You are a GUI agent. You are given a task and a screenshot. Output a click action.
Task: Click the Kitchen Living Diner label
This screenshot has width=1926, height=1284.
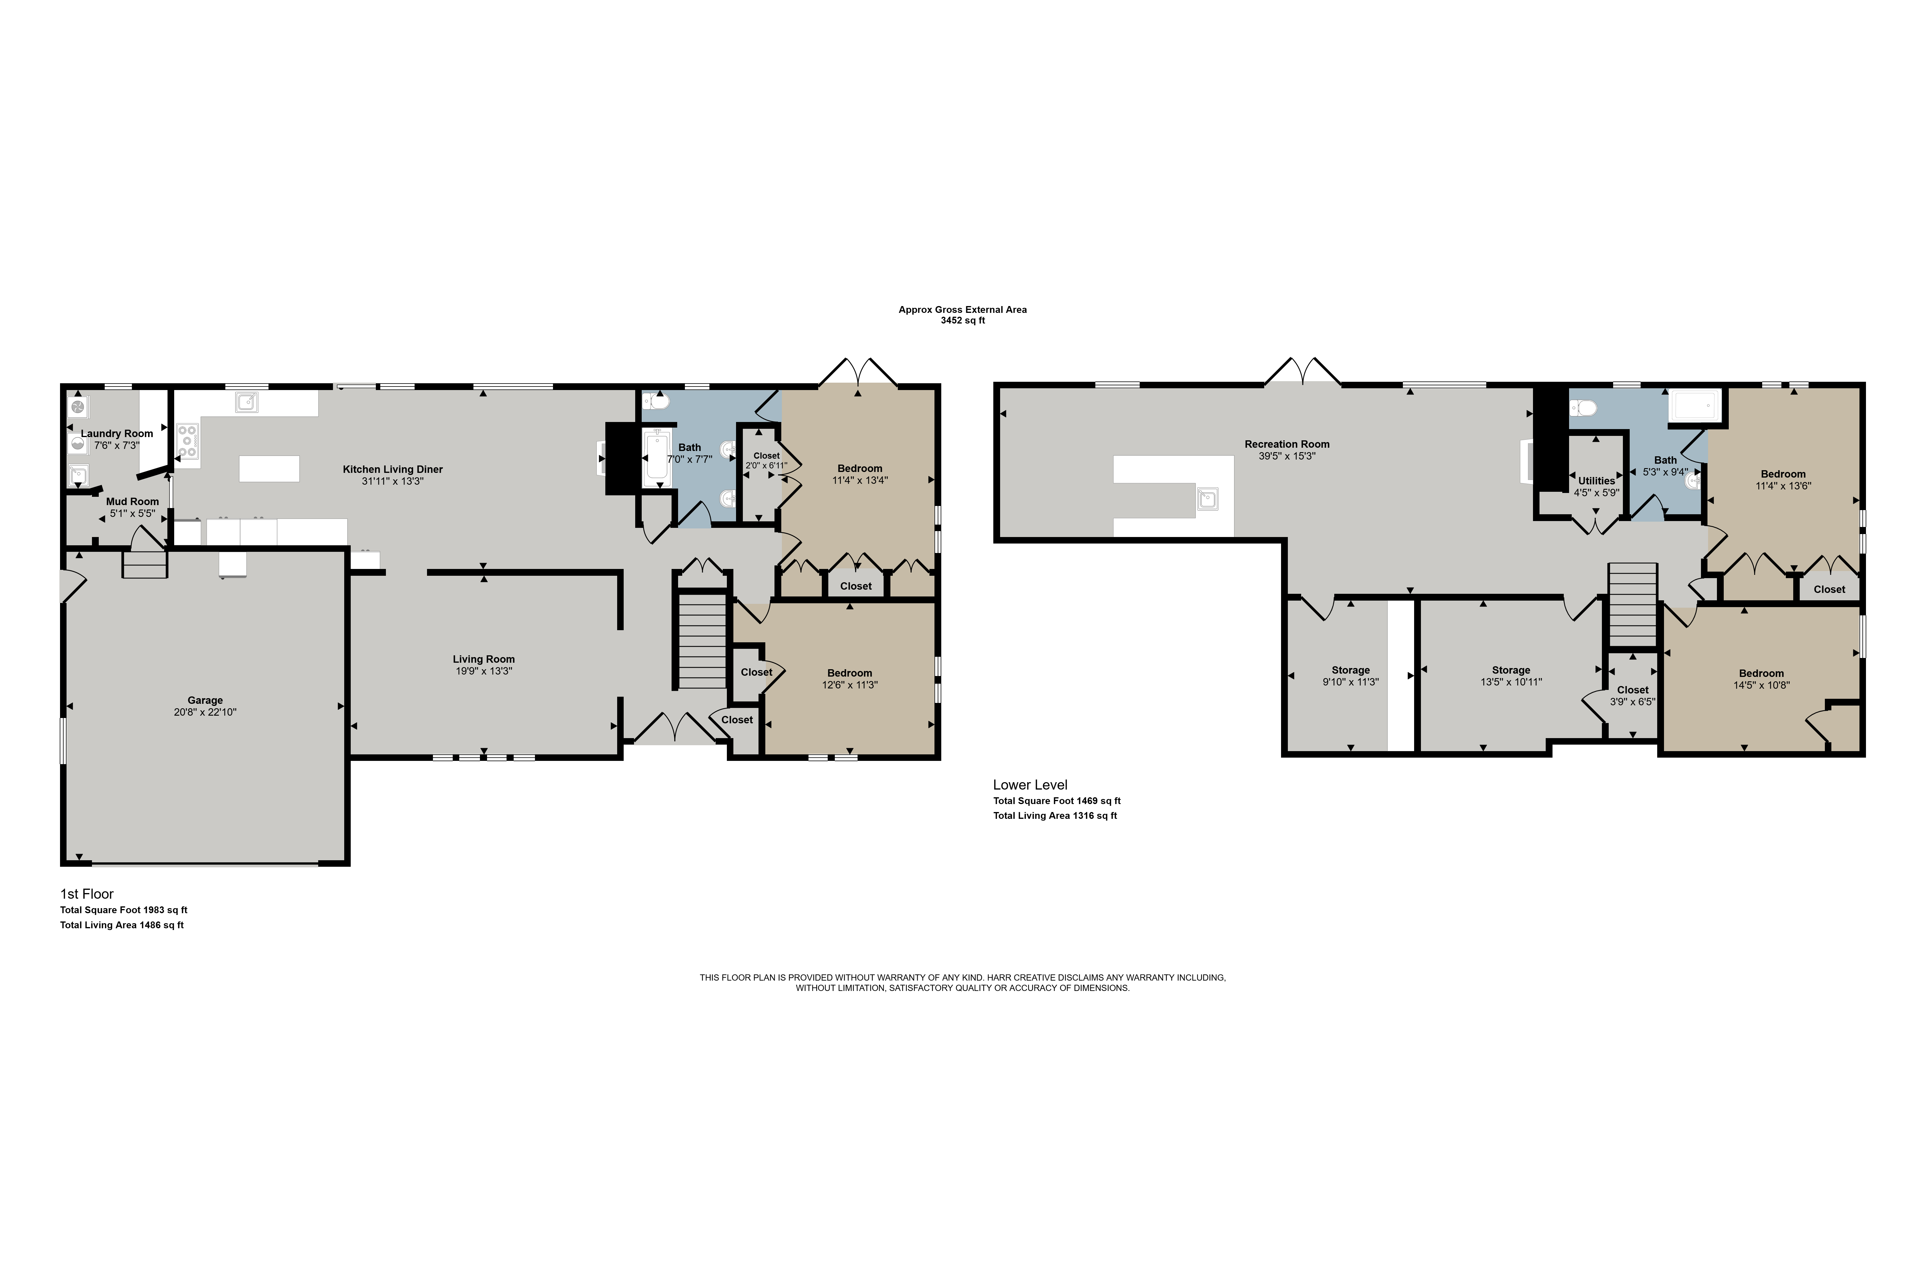(x=393, y=469)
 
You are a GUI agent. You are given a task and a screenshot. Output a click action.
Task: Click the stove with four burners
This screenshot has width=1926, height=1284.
(x=187, y=442)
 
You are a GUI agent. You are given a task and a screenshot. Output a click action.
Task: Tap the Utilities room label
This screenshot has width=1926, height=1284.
(x=1597, y=481)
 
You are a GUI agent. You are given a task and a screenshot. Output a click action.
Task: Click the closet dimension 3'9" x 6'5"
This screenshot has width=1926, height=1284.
(x=1633, y=702)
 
